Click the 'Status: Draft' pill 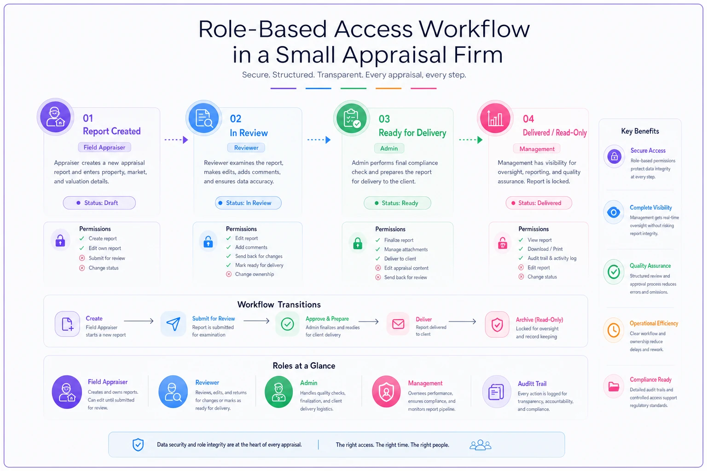[x=99, y=203]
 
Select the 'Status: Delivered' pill [x=539, y=203]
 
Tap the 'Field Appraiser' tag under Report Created [x=104, y=147]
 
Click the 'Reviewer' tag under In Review [x=246, y=148]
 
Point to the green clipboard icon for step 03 [x=352, y=118]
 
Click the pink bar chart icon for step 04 [x=495, y=119]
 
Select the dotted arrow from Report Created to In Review [x=176, y=140]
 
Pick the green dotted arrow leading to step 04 [x=470, y=140]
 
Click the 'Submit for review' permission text [x=107, y=258]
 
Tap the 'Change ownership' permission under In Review [x=255, y=274]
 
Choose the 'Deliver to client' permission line [x=400, y=258]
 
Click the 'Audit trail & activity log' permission [x=552, y=258]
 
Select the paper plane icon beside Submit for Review [x=173, y=324]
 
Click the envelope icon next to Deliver [x=398, y=324]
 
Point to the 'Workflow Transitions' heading [x=279, y=304]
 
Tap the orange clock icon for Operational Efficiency [x=614, y=330]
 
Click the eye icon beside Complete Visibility [x=614, y=213]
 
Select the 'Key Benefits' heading [x=640, y=131]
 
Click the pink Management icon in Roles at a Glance [x=386, y=392]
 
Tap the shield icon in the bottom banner [x=138, y=445]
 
